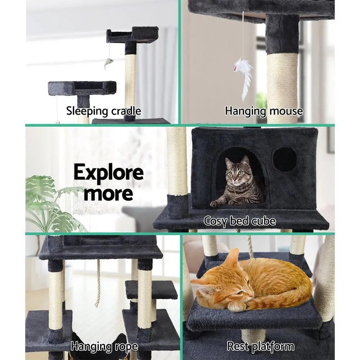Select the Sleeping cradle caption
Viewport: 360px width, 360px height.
(x=103, y=111)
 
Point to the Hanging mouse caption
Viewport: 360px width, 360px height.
(x=264, y=111)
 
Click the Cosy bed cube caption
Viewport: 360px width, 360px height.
(x=240, y=220)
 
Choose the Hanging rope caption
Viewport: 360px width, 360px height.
(x=104, y=347)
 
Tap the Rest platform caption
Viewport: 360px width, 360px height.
(x=261, y=347)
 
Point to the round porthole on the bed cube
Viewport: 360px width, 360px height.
(x=285, y=159)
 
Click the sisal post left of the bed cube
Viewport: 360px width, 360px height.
(x=177, y=162)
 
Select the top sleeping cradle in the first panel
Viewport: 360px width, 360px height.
(x=132, y=35)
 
